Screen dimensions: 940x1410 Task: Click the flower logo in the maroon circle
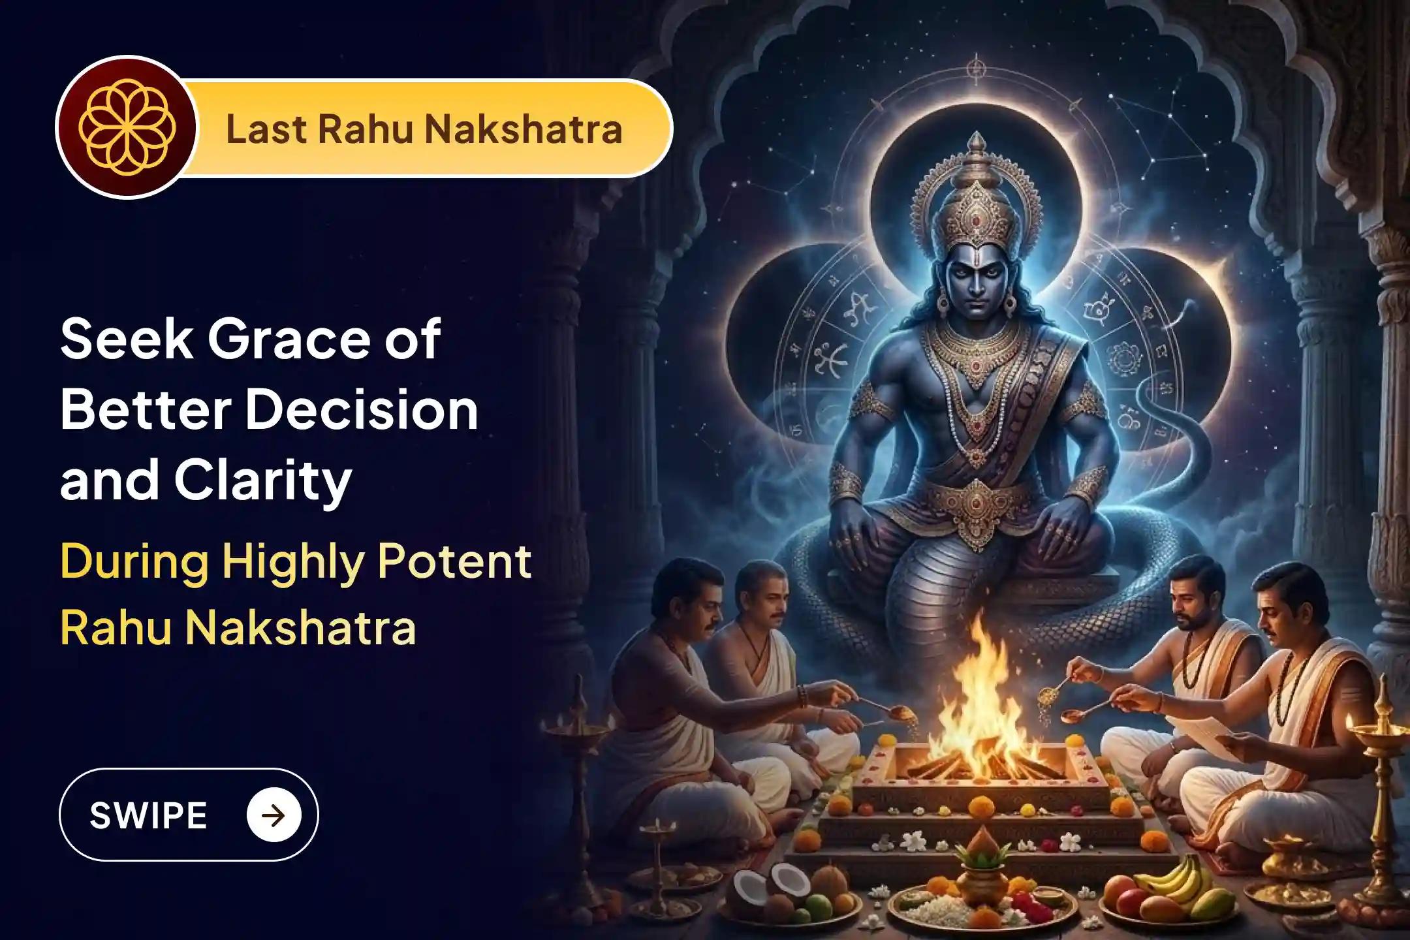[126, 128]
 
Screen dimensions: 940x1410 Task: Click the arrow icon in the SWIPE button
[274, 815]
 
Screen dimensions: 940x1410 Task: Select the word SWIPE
[148, 815]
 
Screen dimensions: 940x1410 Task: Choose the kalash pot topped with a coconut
[977, 865]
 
